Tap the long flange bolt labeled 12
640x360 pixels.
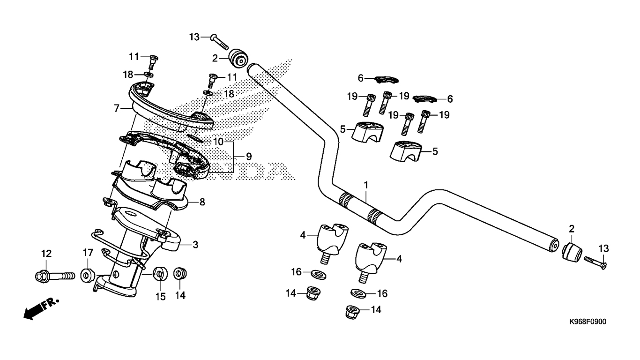click(x=54, y=275)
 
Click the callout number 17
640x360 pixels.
click(x=88, y=253)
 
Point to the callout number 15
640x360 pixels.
click(x=161, y=297)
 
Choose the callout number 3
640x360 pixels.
click(x=195, y=244)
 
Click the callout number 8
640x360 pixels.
click(x=202, y=202)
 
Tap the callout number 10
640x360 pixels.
click(x=218, y=141)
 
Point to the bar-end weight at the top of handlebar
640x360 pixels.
click(x=238, y=58)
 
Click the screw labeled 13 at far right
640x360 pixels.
click(x=595, y=262)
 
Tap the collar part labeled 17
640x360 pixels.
click(x=88, y=274)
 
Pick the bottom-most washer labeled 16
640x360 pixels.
click(x=358, y=294)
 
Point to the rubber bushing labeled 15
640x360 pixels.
click(x=160, y=273)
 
